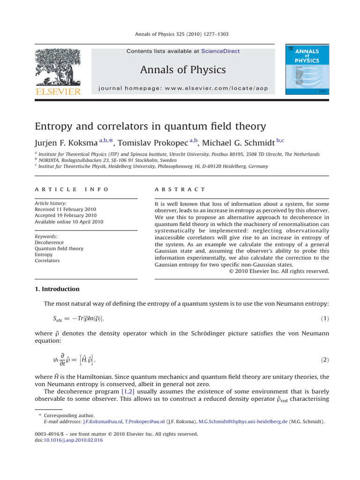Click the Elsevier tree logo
[x=58, y=66]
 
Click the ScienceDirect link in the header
[x=220, y=51]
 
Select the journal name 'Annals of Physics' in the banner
[x=183, y=70]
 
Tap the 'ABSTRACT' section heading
[x=180, y=189]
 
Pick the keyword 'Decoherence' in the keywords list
[x=49, y=243]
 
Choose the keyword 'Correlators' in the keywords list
[x=47, y=261]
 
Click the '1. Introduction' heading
[x=57, y=289]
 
